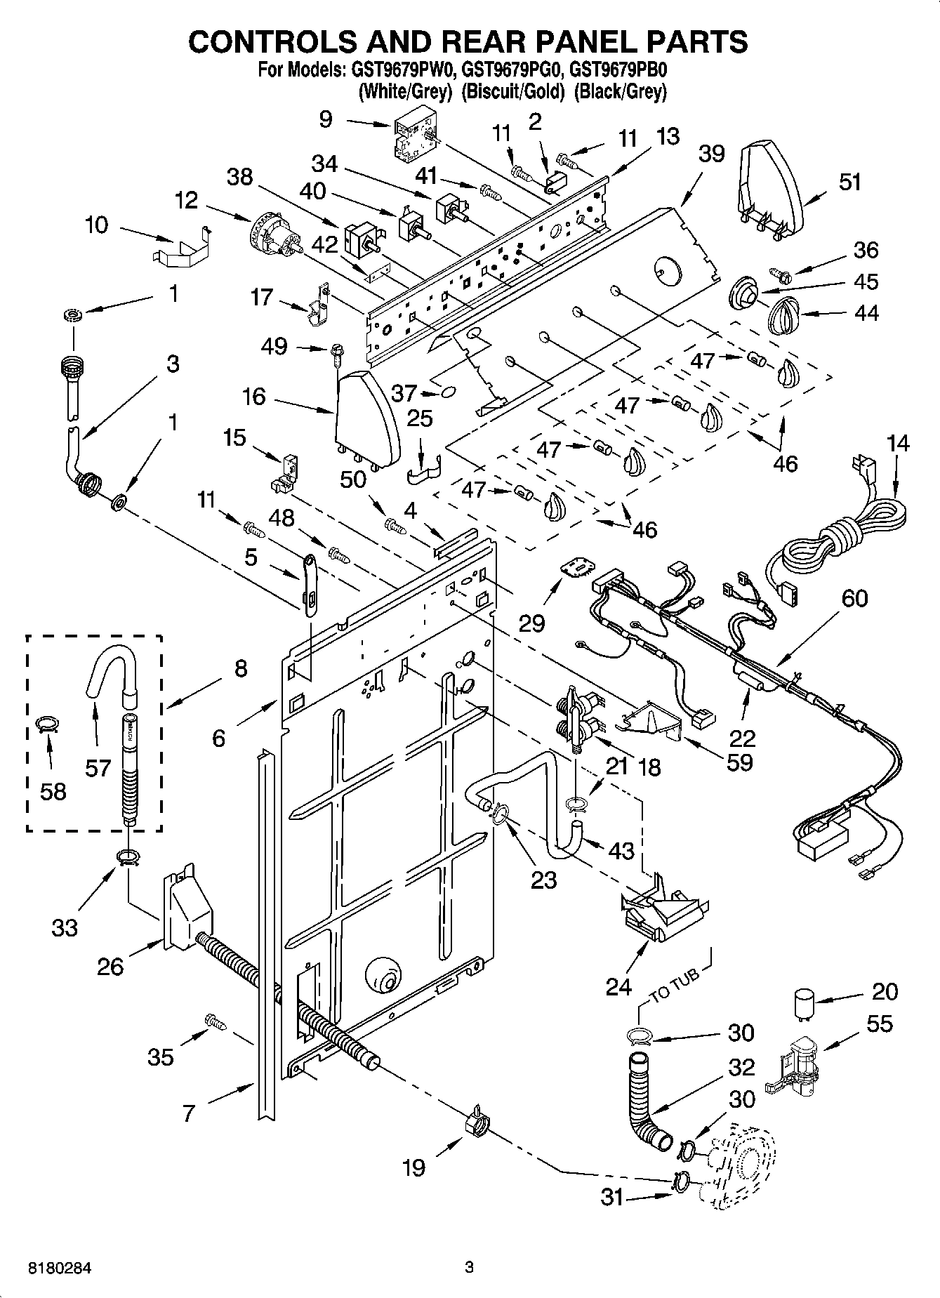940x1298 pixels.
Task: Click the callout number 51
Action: [849, 182]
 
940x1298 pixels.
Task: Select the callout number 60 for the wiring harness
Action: [854, 598]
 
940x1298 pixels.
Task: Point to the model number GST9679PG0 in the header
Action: [512, 70]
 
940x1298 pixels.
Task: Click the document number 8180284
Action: [60, 1268]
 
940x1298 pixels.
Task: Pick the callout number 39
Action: [711, 154]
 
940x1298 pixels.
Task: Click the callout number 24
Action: [619, 986]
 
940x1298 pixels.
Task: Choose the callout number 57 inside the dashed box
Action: [98, 767]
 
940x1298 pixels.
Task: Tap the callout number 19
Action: [414, 1167]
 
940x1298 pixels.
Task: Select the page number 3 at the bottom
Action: [470, 1267]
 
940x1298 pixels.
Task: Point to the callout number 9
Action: [326, 119]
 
